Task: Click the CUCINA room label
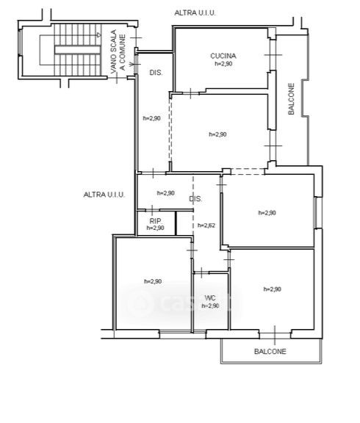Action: [223, 56]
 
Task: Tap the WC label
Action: [210, 298]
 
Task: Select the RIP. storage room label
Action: [156, 221]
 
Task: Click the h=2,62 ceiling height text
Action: [206, 225]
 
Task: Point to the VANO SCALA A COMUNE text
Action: [118, 51]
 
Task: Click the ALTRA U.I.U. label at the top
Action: [195, 12]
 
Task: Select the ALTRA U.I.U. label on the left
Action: [104, 195]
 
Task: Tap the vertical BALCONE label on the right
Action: [291, 98]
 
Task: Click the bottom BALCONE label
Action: [270, 351]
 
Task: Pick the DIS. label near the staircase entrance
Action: [156, 73]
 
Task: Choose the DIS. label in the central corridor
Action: [195, 199]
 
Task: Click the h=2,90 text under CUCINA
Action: [223, 64]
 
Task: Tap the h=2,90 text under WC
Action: [210, 306]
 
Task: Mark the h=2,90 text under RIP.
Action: [156, 228]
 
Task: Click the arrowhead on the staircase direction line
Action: [99, 35]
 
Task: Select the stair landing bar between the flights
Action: [78, 50]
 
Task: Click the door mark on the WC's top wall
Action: [201, 273]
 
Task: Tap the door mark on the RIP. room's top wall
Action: [152, 210]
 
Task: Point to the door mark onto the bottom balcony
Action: [275, 336]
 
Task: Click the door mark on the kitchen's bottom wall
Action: [191, 93]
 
